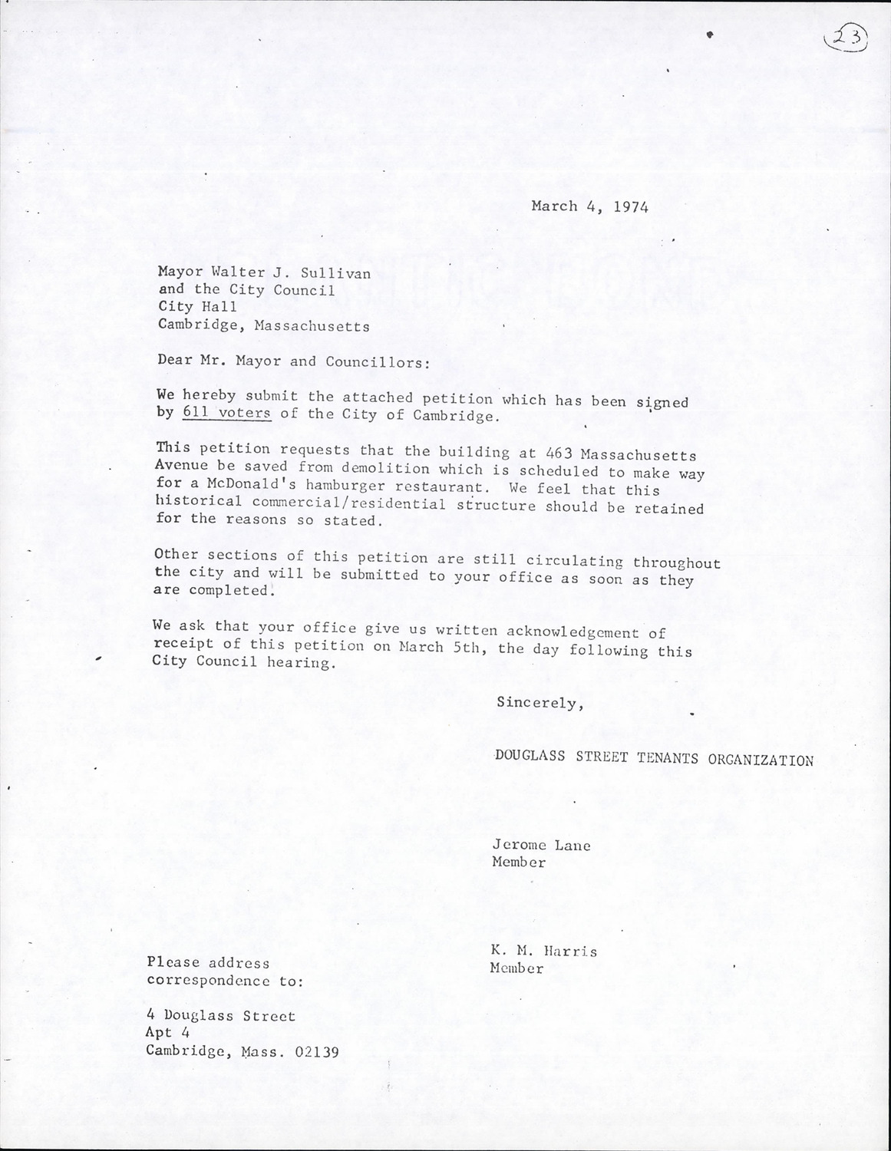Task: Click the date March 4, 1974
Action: pyautogui.click(x=589, y=206)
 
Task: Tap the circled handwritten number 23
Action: pyautogui.click(x=846, y=37)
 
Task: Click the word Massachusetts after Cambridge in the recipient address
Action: pyautogui.click(x=312, y=326)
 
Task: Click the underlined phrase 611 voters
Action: pyautogui.click(x=226, y=414)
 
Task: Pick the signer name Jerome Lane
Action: pyautogui.click(x=541, y=846)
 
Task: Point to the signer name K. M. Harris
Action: pyautogui.click(x=543, y=951)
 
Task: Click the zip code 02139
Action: pyautogui.click(x=316, y=1052)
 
